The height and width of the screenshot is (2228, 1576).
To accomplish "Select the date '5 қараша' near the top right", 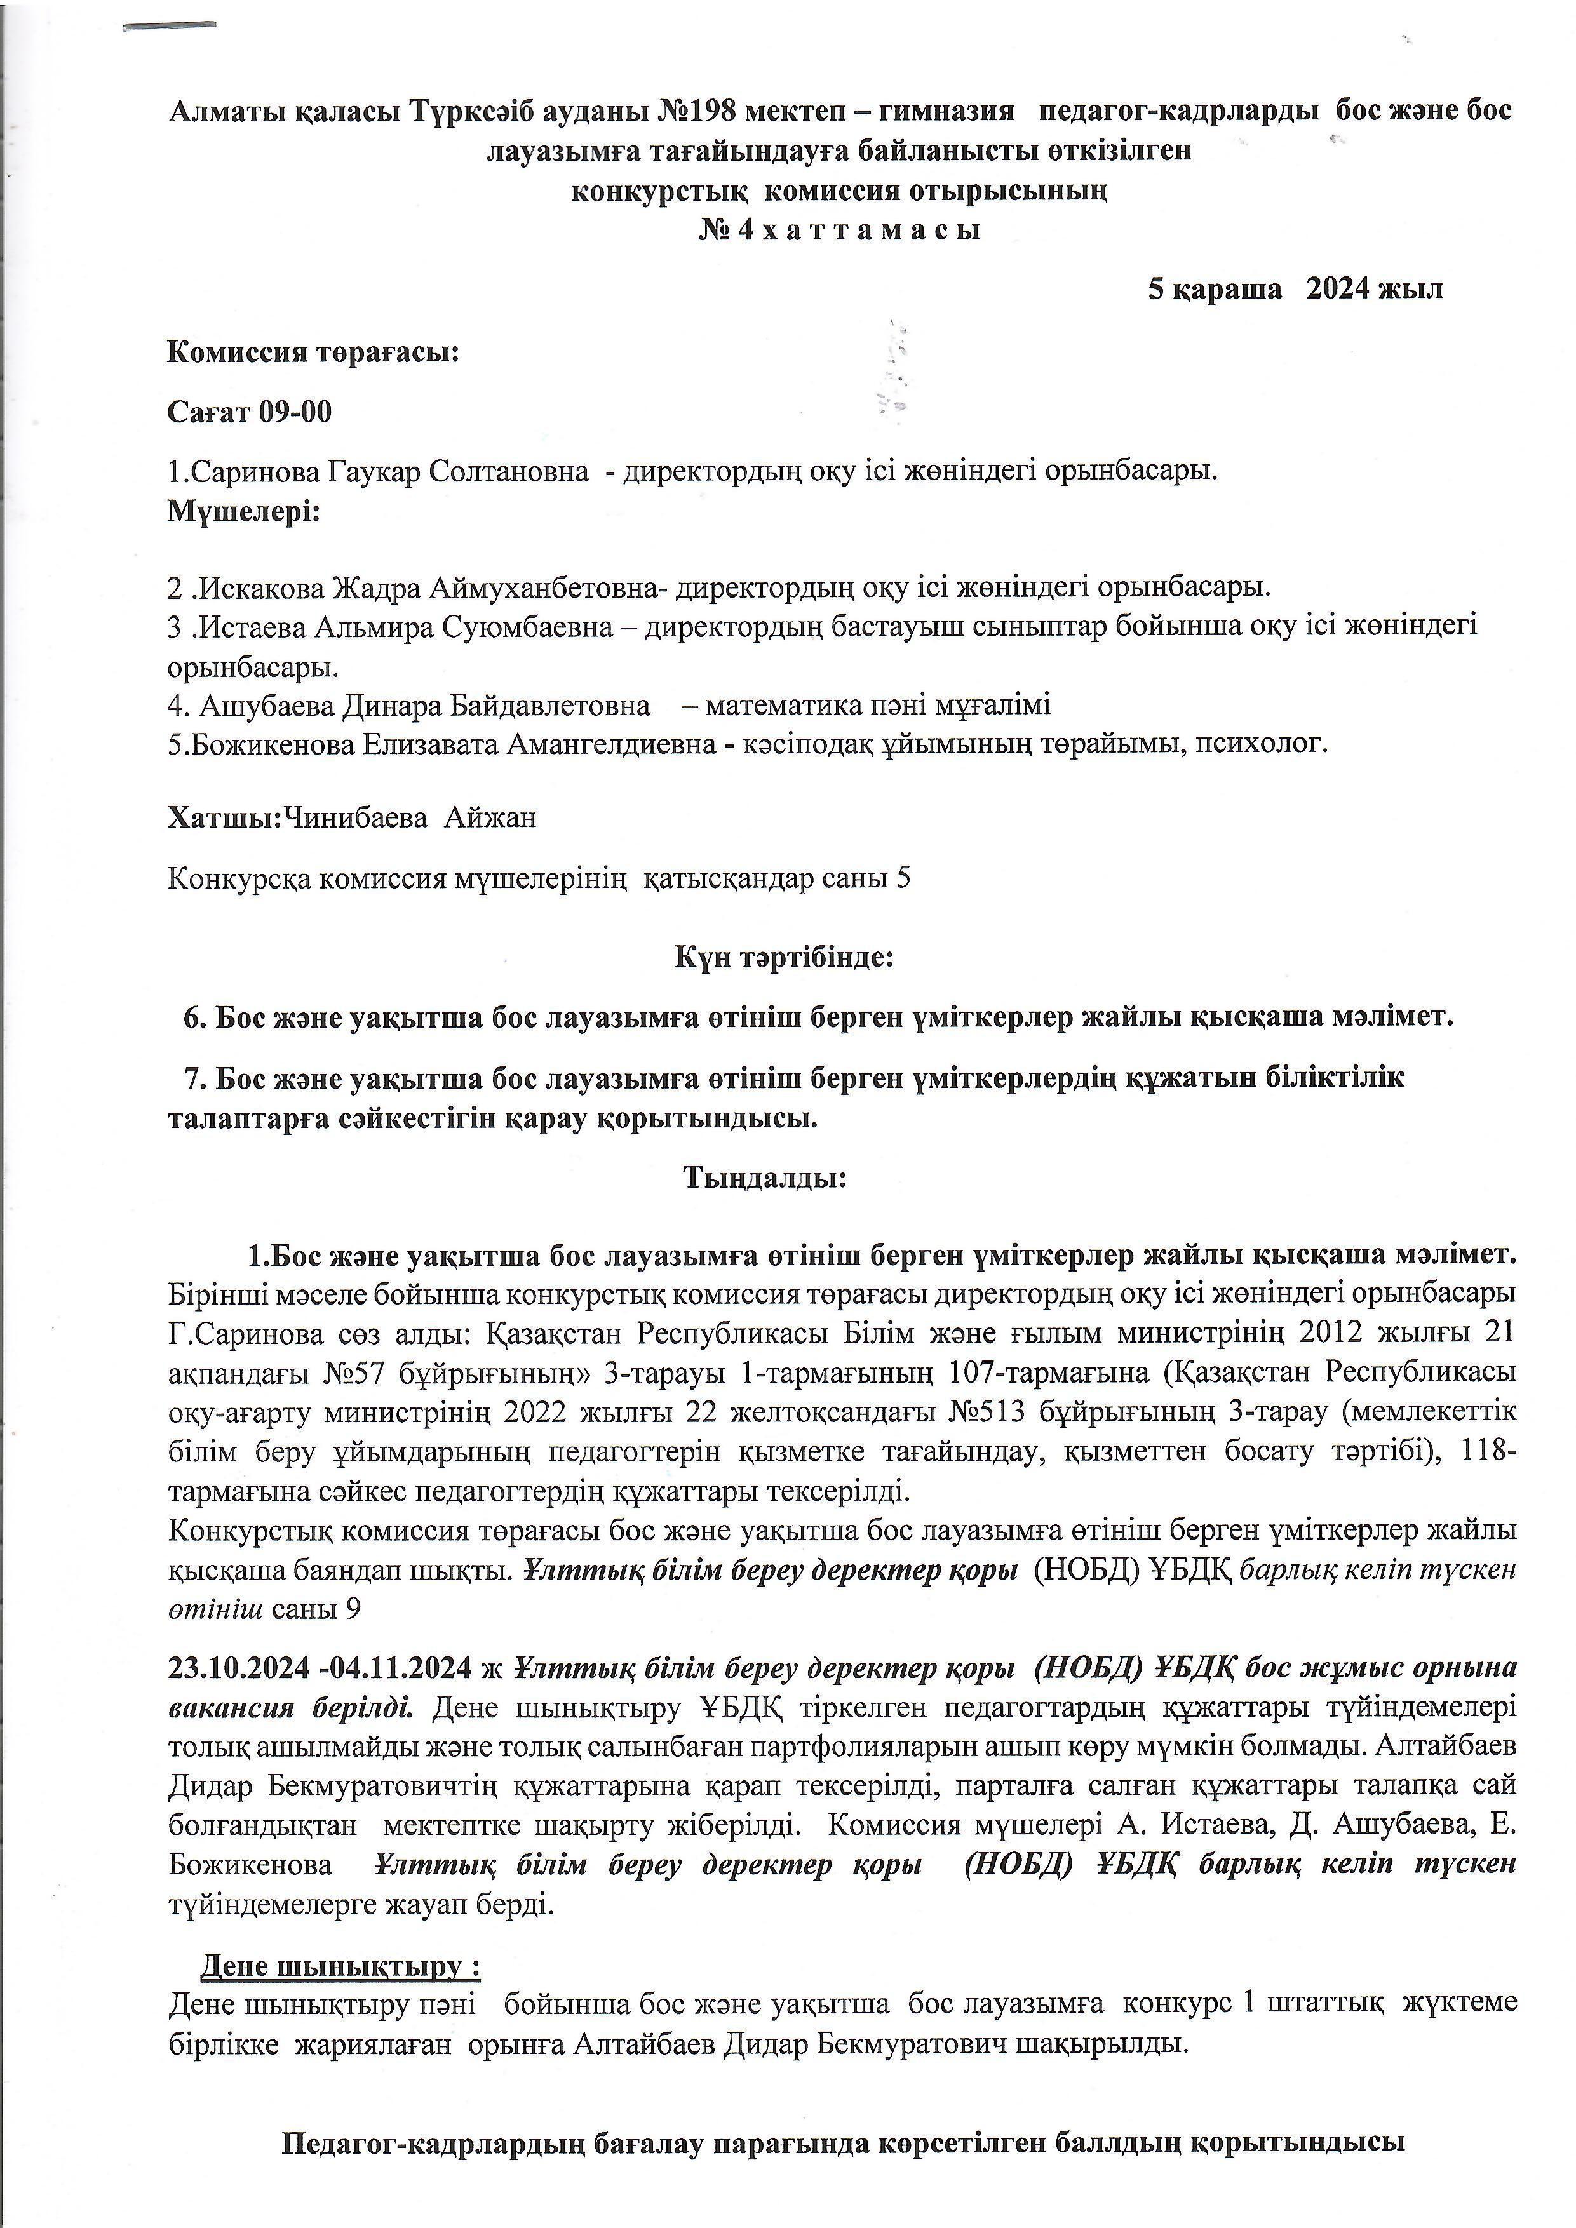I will pos(1214,288).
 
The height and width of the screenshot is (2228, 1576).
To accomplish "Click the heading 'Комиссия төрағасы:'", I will pos(313,351).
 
